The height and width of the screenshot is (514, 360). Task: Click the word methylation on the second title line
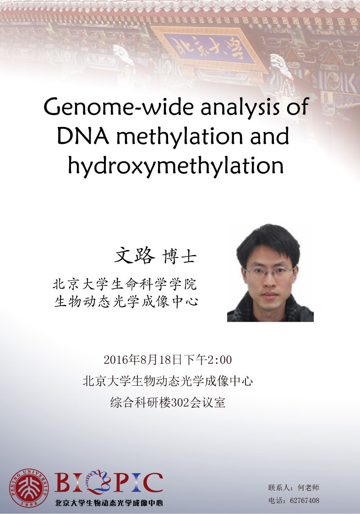point(180,136)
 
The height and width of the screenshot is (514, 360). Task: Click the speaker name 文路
point(134,256)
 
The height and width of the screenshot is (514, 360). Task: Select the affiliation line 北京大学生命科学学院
point(125,284)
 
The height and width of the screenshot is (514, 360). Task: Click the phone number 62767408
point(305,500)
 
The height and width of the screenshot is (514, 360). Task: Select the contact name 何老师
point(308,487)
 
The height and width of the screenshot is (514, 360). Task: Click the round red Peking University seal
point(29,488)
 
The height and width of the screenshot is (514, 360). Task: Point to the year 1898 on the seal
point(29,503)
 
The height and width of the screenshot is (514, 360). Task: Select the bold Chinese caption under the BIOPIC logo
point(109,503)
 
